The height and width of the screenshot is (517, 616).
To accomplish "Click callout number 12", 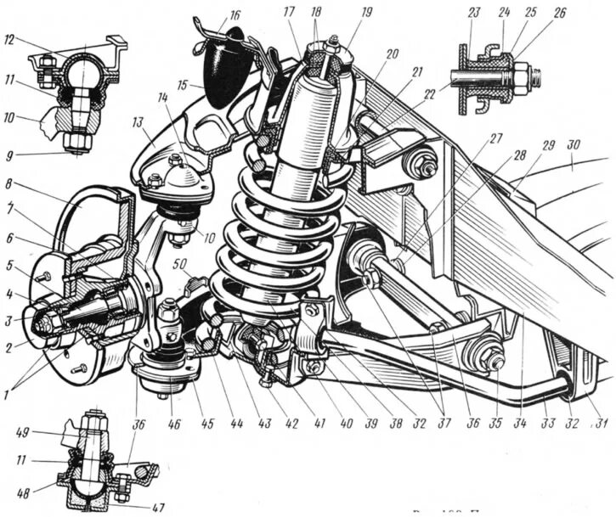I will [x=10, y=41].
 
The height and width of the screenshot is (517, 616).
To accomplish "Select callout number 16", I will [x=235, y=14].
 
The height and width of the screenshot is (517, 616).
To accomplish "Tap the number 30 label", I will [x=574, y=146].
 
